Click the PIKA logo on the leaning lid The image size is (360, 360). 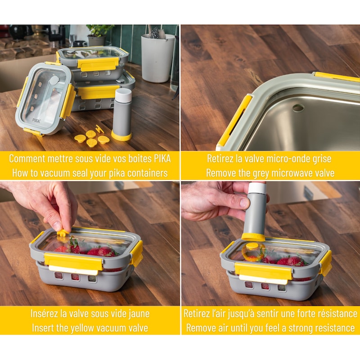(36, 120)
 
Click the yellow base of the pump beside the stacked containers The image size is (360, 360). (121, 136)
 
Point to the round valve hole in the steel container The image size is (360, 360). (298, 108)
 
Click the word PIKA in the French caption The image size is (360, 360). (163, 158)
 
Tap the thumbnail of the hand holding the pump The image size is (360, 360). (243, 203)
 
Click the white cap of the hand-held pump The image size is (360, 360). (257, 188)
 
